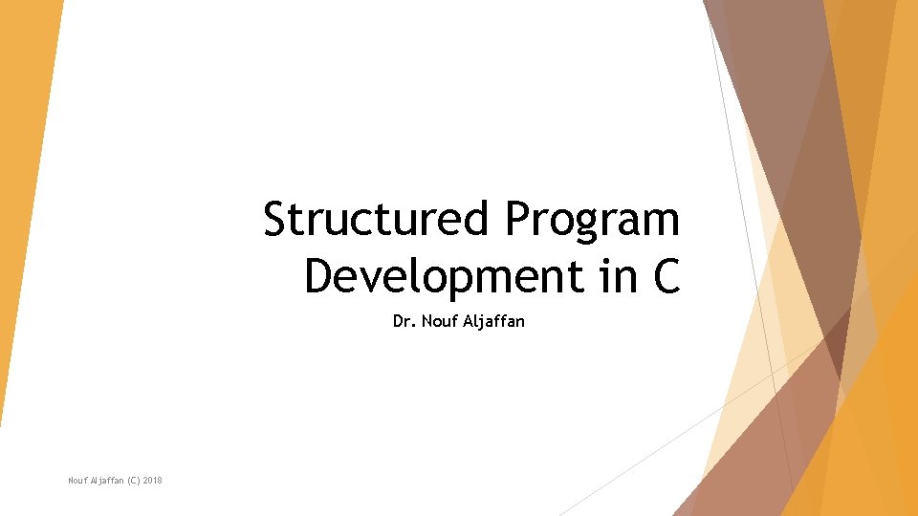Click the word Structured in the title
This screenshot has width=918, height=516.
[379, 219]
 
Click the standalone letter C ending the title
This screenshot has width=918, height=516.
[666, 276]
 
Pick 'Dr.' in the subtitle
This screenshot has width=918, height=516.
[403, 322]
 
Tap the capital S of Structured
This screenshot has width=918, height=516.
[275, 219]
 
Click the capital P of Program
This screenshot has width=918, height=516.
[518, 219]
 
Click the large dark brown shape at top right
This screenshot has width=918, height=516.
[784, 115]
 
